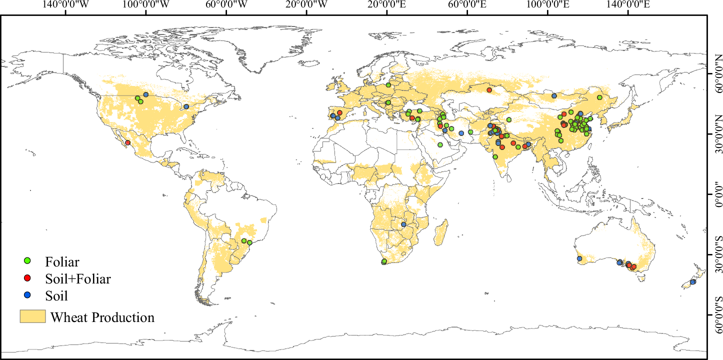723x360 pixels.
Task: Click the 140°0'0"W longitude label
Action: coord(65,5)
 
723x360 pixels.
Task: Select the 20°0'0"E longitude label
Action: coord(386,5)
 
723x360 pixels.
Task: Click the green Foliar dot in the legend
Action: coord(28,261)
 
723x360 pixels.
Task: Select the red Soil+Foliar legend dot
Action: coord(28,278)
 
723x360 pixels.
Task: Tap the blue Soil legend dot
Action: coord(28,295)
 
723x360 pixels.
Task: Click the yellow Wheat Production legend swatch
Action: coord(32,316)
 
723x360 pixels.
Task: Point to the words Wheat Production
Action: coord(102,317)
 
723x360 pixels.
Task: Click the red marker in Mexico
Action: coord(127,142)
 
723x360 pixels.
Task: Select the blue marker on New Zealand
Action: coord(692,282)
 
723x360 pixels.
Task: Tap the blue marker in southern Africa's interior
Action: coord(403,224)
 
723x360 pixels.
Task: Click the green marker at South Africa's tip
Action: coord(384,261)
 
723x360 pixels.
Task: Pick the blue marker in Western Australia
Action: coord(579,258)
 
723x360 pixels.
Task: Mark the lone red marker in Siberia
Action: coord(489,90)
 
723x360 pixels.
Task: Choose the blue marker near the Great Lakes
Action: coord(186,106)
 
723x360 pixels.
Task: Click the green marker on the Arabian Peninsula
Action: coord(440,145)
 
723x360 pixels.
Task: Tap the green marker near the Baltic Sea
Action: coord(388,85)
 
